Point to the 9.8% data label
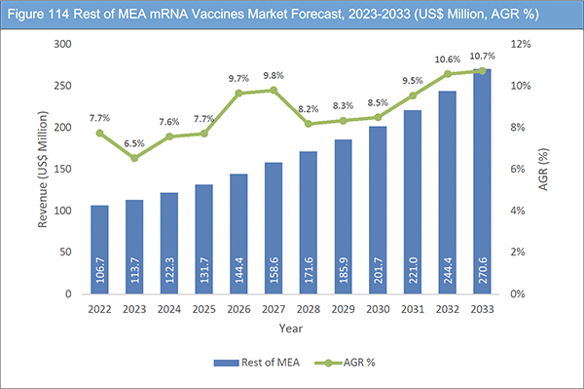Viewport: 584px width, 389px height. (x=274, y=75)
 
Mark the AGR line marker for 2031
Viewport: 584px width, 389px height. (x=414, y=96)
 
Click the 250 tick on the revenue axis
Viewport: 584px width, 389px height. (x=61, y=86)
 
